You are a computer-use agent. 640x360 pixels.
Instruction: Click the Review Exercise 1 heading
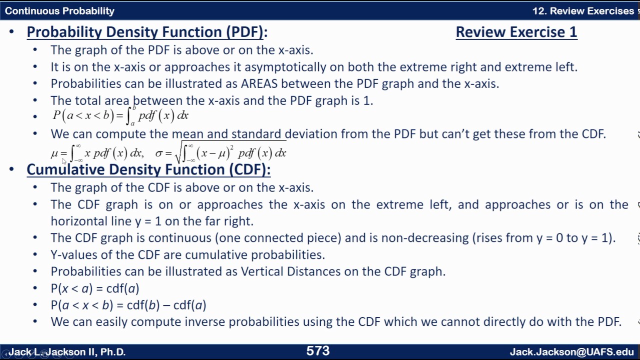click(x=516, y=32)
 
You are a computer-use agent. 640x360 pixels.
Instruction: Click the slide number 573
click(x=318, y=351)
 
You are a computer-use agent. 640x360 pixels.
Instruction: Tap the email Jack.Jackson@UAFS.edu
click(x=571, y=352)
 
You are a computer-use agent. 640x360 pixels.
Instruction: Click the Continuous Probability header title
click(x=59, y=10)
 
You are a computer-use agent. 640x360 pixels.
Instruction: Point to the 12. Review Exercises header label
click(x=582, y=10)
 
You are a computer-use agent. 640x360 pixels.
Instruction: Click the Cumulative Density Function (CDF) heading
click(x=148, y=169)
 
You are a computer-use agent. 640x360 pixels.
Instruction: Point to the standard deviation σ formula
click(x=220, y=152)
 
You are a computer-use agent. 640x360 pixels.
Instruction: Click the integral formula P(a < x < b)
click(x=120, y=116)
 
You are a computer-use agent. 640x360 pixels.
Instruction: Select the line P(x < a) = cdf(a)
click(x=94, y=288)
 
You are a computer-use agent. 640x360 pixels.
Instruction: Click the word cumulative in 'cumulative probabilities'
click(x=217, y=255)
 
